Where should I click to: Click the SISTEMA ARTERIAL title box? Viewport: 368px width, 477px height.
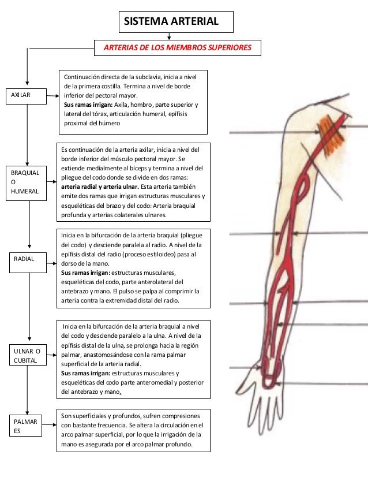click(x=176, y=22)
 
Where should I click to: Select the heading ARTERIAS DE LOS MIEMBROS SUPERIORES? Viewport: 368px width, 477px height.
click(x=177, y=47)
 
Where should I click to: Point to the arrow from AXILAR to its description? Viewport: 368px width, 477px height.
click(x=52, y=95)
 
